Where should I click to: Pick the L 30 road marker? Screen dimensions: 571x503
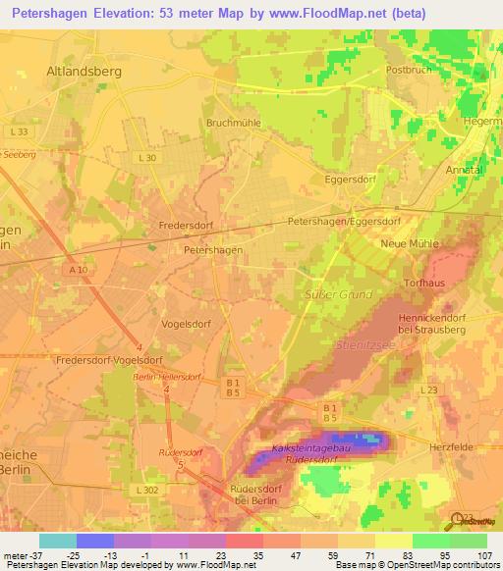pos(147,158)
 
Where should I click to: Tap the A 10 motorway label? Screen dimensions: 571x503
pos(78,269)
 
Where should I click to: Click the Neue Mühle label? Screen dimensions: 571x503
pos(409,243)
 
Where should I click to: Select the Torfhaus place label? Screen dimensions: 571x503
pos(425,283)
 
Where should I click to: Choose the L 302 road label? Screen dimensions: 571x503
pos(145,489)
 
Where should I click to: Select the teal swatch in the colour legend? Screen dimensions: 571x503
pos(57,541)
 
